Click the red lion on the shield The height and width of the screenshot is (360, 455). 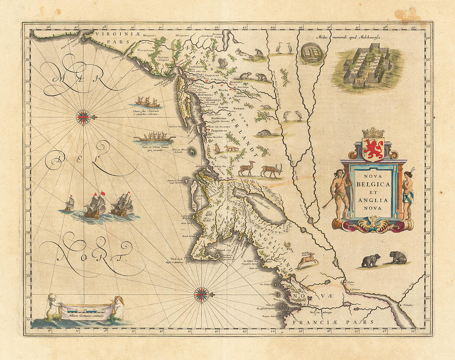point(374,149)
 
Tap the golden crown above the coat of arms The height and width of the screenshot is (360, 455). point(374,132)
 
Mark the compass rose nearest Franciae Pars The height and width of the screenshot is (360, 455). point(202,293)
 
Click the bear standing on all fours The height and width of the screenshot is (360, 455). point(371,261)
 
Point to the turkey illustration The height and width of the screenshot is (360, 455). point(223,63)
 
